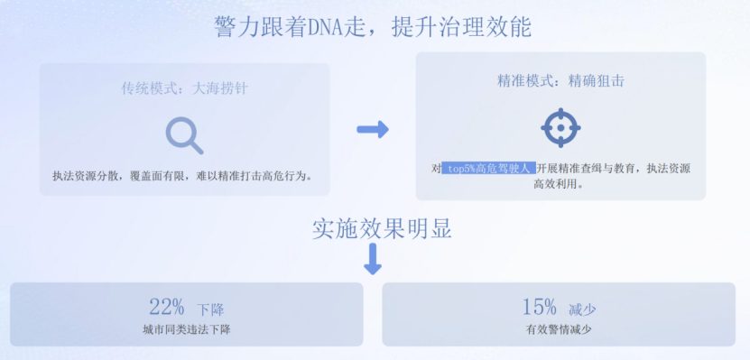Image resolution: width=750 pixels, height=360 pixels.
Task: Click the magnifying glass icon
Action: pyautogui.click(x=184, y=134)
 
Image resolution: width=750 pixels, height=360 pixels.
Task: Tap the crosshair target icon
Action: pyautogui.click(x=560, y=128)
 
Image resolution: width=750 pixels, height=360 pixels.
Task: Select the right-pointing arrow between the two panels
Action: pyautogui.click(x=372, y=129)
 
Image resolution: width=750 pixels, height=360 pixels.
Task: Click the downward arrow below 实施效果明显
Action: pyautogui.click(x=372, y=259)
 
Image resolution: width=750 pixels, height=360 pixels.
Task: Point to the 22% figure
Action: pyautogui.click(x=167, y=306)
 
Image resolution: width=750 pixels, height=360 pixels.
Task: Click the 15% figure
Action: pyautogui.click(x=539, y=306)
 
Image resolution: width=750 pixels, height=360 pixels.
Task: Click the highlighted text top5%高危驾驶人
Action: pyautogui.click(x=488, y=169)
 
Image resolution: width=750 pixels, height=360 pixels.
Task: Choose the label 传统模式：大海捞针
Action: pyautogui.click(x=185, y=88)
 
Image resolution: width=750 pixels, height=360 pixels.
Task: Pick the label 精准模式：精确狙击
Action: pyautogui.click(x=560, y=81)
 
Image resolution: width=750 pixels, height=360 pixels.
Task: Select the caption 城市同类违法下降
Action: pyautogui.click(x=187, y=329)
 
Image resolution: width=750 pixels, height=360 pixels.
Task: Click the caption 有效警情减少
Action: pyautogui.click(x=559, y=329)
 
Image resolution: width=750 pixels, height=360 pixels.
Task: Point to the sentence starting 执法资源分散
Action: pyautogui.click(x=183, y=175)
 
